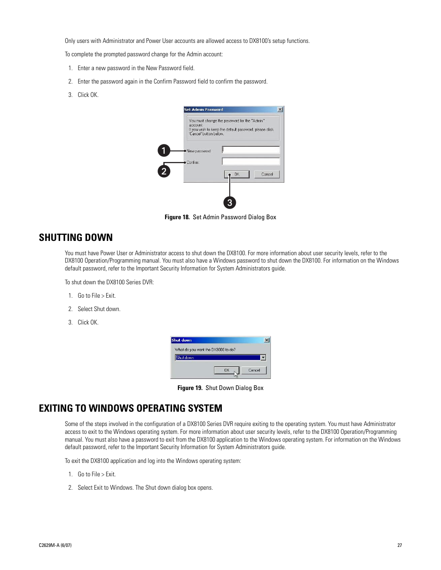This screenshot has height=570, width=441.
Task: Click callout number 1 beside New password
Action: (x=164, y=150)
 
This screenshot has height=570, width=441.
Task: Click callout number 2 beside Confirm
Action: (x=164, y=171)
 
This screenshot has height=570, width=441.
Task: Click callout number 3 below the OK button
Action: (x=230, y=203)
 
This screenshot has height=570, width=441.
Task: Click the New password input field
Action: (x=251, y=150)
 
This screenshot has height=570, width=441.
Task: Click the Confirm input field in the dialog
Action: (x=251, y=162)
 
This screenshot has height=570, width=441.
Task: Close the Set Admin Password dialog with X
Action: (x=280, y=109)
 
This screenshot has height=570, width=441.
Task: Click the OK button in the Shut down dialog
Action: (x=227, y=370)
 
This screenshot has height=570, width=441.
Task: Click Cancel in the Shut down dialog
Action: (x=254, y=370)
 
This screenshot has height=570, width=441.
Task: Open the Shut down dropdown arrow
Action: (x=263, y=358)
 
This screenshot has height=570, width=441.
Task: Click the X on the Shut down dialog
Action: (x=267, y=340)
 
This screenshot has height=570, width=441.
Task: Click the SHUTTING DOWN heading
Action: (x=76, y=237)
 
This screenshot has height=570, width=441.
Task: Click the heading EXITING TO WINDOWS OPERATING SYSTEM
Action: (x=130, y=408)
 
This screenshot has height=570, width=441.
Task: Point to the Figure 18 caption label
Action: (x=177, y=217)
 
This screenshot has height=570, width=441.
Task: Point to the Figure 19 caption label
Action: (x=190, y=388)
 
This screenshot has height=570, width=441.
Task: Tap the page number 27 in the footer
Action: (x=399, y=545)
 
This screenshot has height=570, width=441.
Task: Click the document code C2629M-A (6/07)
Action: (x=55, y=545)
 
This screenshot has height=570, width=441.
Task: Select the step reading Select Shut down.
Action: (x=99, y=309)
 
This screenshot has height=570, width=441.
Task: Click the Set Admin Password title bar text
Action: (x=204, y=109)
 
